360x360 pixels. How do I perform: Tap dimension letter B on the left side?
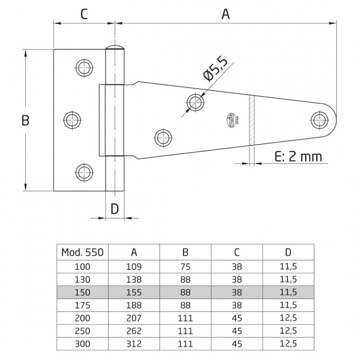[x=25, y=121]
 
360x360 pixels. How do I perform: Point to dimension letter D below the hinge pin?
[x=115, y=208]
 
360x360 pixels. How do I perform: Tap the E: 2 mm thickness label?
[x=298, y=156]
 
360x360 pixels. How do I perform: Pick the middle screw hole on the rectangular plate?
[x=72, y=120]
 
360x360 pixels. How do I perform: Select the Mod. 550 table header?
[x=82, y=252]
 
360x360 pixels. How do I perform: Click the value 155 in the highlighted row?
[x=134, y=292]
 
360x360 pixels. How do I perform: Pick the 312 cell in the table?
[x=134, y=341]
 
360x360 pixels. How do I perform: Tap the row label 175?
[x=82, y=304]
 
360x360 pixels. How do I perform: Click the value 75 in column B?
[x=185, y=267]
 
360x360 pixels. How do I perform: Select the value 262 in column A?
[x=134, y=329]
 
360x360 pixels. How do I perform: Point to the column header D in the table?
[x=288, y=252]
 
